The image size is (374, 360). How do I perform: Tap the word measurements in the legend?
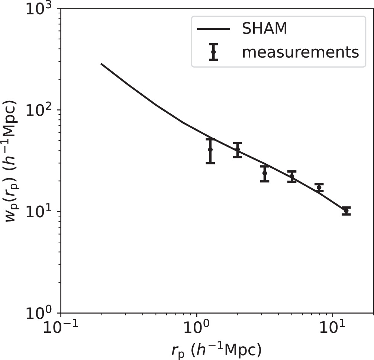tap(300, 52)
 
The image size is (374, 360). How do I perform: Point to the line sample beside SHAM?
tap(213, 29)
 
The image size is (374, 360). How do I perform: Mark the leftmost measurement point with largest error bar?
tap(210, 150)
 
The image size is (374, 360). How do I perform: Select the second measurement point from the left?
tap(238, 150)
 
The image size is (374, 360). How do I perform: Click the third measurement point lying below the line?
tap(265, 173)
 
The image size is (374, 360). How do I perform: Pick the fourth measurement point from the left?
tap(292, 176)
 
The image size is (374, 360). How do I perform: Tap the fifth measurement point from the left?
tap(319, 187)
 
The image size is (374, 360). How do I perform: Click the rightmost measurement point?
tap(346, 211)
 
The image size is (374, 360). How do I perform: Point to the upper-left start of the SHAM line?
tap(101, 64)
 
